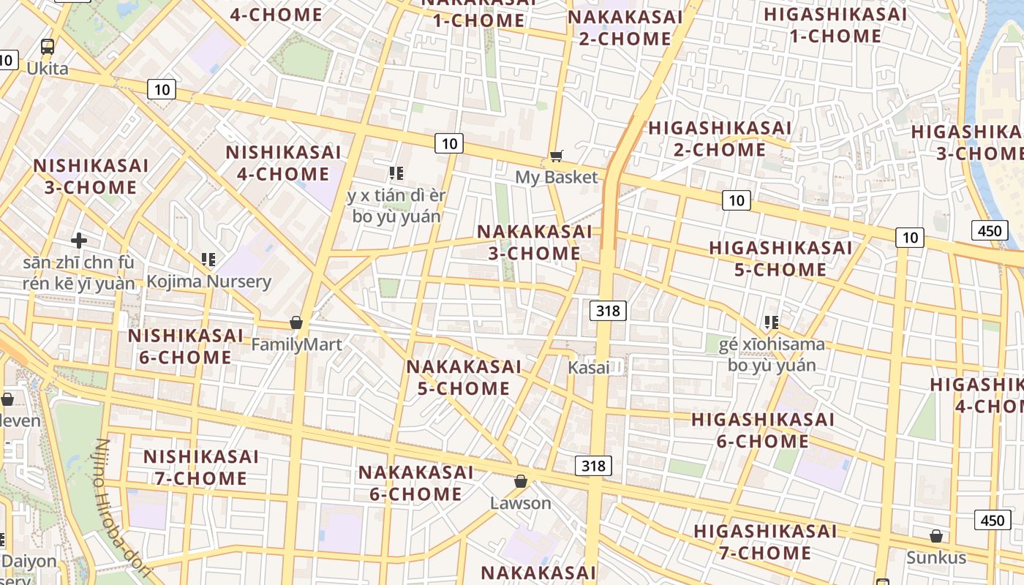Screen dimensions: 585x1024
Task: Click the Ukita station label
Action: pos(48,69)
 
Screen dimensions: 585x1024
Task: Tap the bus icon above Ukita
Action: pos(48,47)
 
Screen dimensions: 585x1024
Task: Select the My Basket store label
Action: pos(556,177)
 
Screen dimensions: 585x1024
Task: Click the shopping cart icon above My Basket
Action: pos(557,155)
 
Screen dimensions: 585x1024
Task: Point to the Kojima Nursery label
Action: pos(208,282)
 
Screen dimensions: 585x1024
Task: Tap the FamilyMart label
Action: pos(296,344)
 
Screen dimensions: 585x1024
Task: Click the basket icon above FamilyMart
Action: pos(296,322)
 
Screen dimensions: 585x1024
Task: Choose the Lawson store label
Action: pos(520,503)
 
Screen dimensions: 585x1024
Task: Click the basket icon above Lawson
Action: pos(520,481)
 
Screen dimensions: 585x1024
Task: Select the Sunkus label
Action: pos(936,558)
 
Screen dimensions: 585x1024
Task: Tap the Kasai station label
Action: pos(589,368)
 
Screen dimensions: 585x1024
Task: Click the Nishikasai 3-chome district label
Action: pos(91,176)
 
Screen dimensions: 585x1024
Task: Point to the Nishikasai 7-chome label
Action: pos(200,467)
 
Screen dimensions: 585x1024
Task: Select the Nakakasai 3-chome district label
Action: pos(535,242)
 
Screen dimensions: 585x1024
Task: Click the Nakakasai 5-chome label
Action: pos(464,377)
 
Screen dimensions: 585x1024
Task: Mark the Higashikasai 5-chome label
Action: pos(780,259)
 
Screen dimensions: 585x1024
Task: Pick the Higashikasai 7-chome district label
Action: pos(764,542)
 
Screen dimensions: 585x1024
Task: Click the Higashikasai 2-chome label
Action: pos(720,139)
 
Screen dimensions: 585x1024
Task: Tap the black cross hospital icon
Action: pos(79,240)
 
